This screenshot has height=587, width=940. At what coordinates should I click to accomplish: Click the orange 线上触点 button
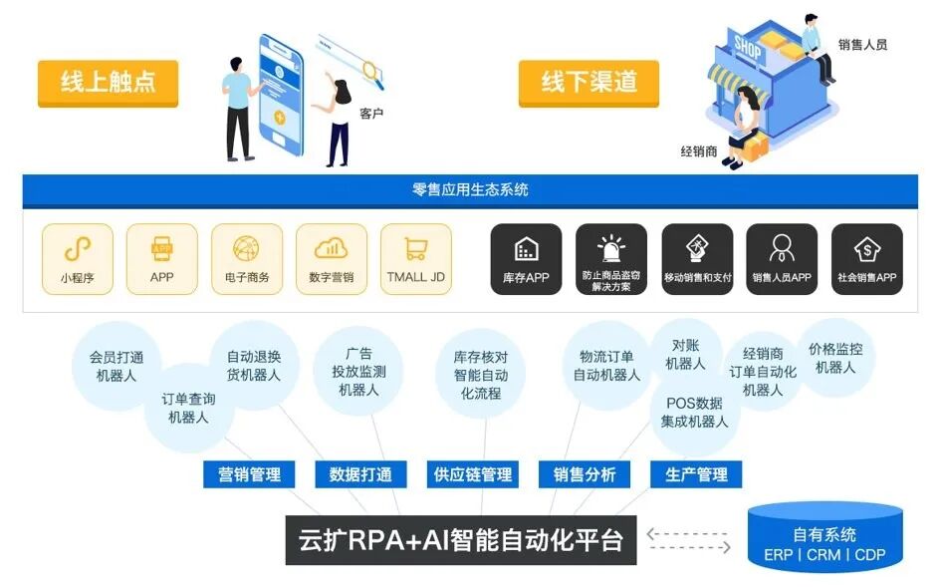coord(108,83)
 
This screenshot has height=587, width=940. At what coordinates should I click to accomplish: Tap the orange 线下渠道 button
coord(588,83)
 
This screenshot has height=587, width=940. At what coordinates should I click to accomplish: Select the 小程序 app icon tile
coord(78,259)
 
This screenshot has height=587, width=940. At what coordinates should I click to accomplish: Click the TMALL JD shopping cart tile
coord(415,259)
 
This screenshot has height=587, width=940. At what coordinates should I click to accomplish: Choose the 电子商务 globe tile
coord(246,259)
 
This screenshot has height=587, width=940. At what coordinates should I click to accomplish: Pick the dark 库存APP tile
coord(526,259)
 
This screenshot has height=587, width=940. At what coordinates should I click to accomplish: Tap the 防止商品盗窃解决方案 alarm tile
coord(610,259)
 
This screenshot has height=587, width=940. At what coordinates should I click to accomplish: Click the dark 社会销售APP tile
coord(866,259)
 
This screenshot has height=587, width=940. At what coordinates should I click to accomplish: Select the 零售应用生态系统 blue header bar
coord(470,189)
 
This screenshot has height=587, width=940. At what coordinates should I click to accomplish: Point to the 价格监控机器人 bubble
coord(835,358)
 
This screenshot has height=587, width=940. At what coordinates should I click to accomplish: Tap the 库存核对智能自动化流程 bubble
coord(481,374)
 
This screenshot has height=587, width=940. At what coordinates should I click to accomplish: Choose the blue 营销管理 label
coord(250,474)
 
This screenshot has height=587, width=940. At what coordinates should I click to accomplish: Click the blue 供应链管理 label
coord(473,474)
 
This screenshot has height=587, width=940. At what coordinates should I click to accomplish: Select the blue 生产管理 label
coord(696,474)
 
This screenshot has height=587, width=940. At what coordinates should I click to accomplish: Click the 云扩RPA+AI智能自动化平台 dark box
coord(461,540)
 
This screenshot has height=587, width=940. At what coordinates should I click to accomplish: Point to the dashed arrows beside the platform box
coord(688,540)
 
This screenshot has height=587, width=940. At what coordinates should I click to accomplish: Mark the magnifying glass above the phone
coord(371,69)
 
